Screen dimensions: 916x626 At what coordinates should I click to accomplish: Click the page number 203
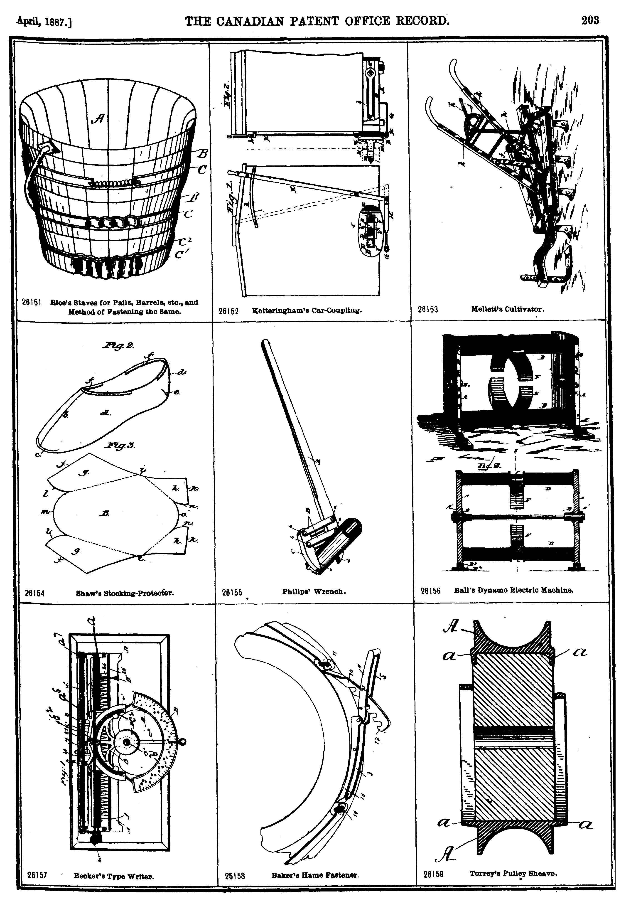coord(590,20)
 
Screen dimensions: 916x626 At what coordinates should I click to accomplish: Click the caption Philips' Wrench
coord(314,591)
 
